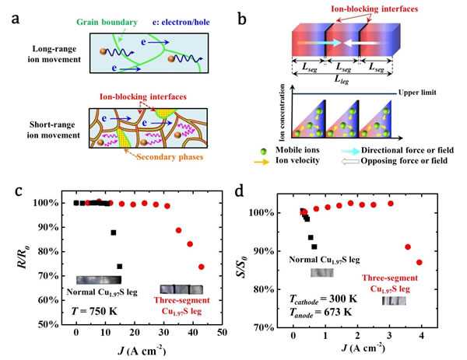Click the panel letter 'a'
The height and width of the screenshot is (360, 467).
click(16, 16)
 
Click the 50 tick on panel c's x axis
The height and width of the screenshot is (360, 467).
click(223, 333)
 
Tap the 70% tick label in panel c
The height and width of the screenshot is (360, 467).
click(54, 276)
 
